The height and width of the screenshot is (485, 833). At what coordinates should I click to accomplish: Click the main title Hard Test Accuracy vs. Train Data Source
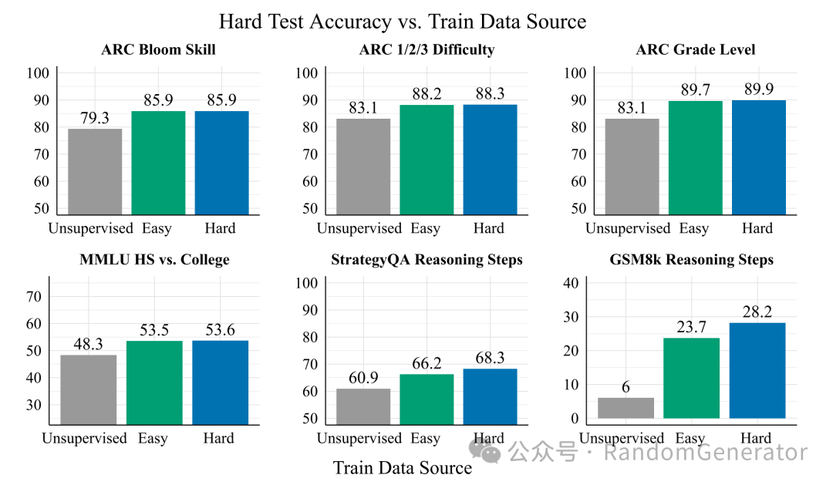click(402, 21)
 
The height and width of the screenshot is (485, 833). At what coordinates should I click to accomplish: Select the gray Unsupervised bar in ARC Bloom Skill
click(95, 171)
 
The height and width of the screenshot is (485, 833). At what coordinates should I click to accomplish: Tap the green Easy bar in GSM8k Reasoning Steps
click(691, 378)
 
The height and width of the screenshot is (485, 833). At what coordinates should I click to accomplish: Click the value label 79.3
click(95, 118)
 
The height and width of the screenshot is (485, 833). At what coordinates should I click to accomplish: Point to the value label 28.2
click(757, 311)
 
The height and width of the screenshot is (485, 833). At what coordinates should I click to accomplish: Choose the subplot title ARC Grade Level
click(695, 50)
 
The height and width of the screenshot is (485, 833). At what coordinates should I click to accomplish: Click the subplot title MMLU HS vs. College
click(154, 260)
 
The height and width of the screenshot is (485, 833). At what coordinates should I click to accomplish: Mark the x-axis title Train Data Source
click(402, 468)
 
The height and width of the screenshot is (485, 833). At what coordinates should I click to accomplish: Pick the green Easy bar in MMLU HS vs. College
click(154, 382)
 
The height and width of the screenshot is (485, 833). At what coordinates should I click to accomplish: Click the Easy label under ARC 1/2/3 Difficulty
click(425, 228)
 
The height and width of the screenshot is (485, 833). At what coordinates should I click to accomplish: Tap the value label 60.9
click(363, 378)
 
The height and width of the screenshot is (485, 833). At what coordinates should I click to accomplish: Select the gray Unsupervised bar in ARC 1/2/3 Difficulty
click(363, 167)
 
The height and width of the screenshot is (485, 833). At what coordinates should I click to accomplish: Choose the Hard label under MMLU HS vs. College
click(219, 438)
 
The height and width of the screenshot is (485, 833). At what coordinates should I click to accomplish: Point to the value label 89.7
click(695, 90)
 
